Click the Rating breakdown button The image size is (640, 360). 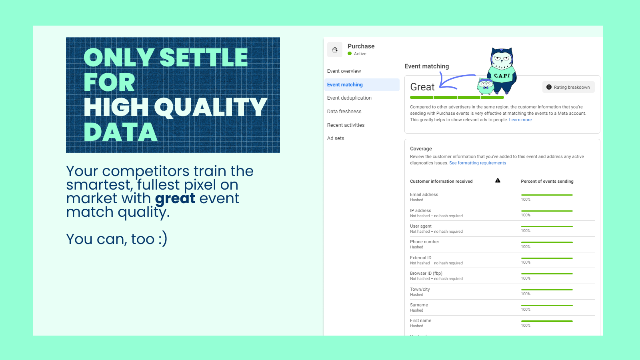click(568, 87)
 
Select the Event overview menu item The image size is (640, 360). click(344, 71)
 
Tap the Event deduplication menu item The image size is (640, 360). click(349, 98)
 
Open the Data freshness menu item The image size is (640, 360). click(344, 112)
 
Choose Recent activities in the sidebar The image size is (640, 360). click(346, 125)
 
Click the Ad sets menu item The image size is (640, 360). click(336, 138)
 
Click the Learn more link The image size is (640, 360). click(520, 120)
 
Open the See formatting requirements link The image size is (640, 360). click(478, 163)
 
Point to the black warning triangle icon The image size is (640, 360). click(498, 180)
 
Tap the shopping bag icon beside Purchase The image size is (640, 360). click(335, 50)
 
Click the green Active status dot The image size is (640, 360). click(350, 54)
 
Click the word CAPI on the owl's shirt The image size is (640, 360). click(502, 76)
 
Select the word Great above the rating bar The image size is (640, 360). click(422, 87)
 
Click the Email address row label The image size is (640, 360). click(424, 194)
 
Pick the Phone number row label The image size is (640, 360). click(424, 242)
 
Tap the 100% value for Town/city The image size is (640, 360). click(526, 294)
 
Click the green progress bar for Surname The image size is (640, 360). click(547, 306)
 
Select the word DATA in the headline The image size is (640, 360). click(120, 132)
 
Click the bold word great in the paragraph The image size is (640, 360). click(175, 199)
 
